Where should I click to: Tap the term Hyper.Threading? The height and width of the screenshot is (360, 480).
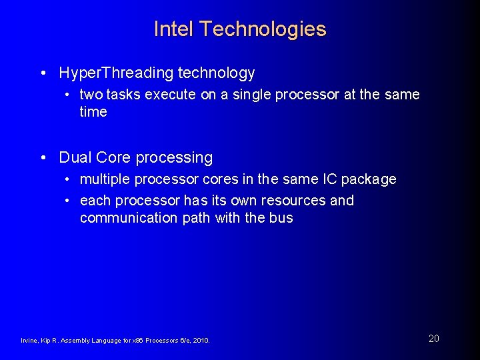(x=115, y=73)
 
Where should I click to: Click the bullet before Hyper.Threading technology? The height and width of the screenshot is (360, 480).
(x=43, y=73)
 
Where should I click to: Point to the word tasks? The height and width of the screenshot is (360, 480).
(x=123, y=95)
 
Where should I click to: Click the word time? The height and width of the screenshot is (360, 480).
(x=93, y=112)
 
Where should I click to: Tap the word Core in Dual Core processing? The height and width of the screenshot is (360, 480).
(x=113, y=158)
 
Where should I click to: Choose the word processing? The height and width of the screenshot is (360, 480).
(x=173, y=158)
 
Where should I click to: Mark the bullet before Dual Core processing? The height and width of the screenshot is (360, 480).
(x=43, y=159)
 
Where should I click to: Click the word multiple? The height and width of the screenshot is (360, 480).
(x=105, y=179)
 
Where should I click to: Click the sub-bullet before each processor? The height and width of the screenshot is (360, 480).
(x=69, y=201)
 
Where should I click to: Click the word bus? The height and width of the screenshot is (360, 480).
(x=281, y=218)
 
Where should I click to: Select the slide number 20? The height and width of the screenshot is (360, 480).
(x=433, y=339)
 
